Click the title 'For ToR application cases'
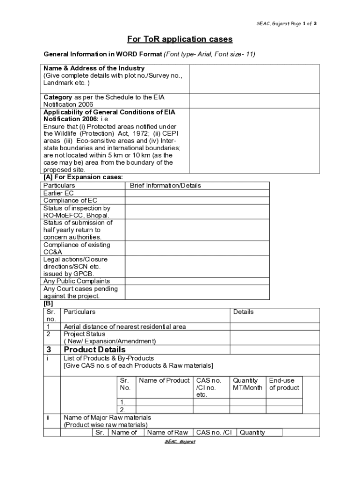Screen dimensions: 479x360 180,39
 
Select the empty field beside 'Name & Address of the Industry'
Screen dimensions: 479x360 254,79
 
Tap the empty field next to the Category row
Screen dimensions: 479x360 254,101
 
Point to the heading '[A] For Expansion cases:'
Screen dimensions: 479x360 83,177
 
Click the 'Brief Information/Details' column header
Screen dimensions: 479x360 166,186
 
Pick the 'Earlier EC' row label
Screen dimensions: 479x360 58,193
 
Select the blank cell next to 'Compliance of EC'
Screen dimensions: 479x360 197,201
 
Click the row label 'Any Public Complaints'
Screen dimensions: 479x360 77,281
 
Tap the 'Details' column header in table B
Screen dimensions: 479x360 243,312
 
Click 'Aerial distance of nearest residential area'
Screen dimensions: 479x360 125,327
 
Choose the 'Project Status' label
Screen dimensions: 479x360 85,334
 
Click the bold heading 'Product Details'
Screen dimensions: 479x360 94,350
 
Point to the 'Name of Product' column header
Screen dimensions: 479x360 164,381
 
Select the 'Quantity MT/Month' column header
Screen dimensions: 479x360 247,385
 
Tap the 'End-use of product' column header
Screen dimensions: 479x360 284,385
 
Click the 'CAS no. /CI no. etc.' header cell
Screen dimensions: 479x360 209,388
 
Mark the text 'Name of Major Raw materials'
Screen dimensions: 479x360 107,417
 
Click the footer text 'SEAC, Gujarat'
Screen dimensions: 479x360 180,442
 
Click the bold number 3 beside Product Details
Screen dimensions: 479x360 49,350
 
